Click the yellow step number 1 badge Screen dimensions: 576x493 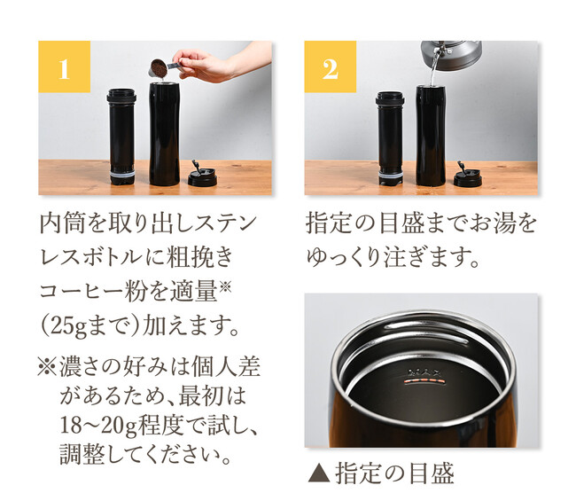tap(65, 67)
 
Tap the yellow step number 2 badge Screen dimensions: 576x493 tap(331, 67)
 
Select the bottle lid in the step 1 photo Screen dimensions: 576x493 tap(202, 174)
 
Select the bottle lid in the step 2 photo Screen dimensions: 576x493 tap(467, 175)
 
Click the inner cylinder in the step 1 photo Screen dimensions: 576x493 tap(121, 137)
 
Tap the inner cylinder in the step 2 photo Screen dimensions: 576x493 tap(390, 138)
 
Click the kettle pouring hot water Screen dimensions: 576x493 tap(451, 54)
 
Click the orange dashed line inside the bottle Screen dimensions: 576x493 tap(424, 382)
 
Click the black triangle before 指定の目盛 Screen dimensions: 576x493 tap(319, 473)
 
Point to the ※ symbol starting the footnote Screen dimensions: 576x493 tap(47, 367)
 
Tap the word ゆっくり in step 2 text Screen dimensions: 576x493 tap(343, 257)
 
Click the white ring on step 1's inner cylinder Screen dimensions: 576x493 tap(122, 174)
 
